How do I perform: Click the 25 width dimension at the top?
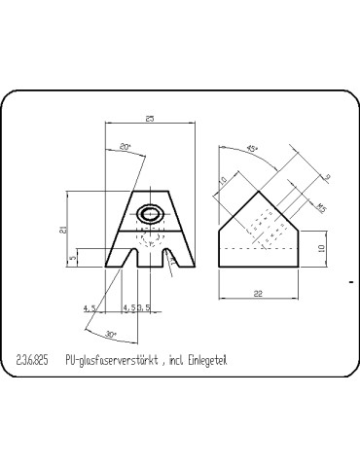point(149,118)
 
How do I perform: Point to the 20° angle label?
point(125,148)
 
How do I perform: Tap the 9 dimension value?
point(327,176)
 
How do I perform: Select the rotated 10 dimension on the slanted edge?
point(223,181)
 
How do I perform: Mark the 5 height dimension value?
point(74,259)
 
